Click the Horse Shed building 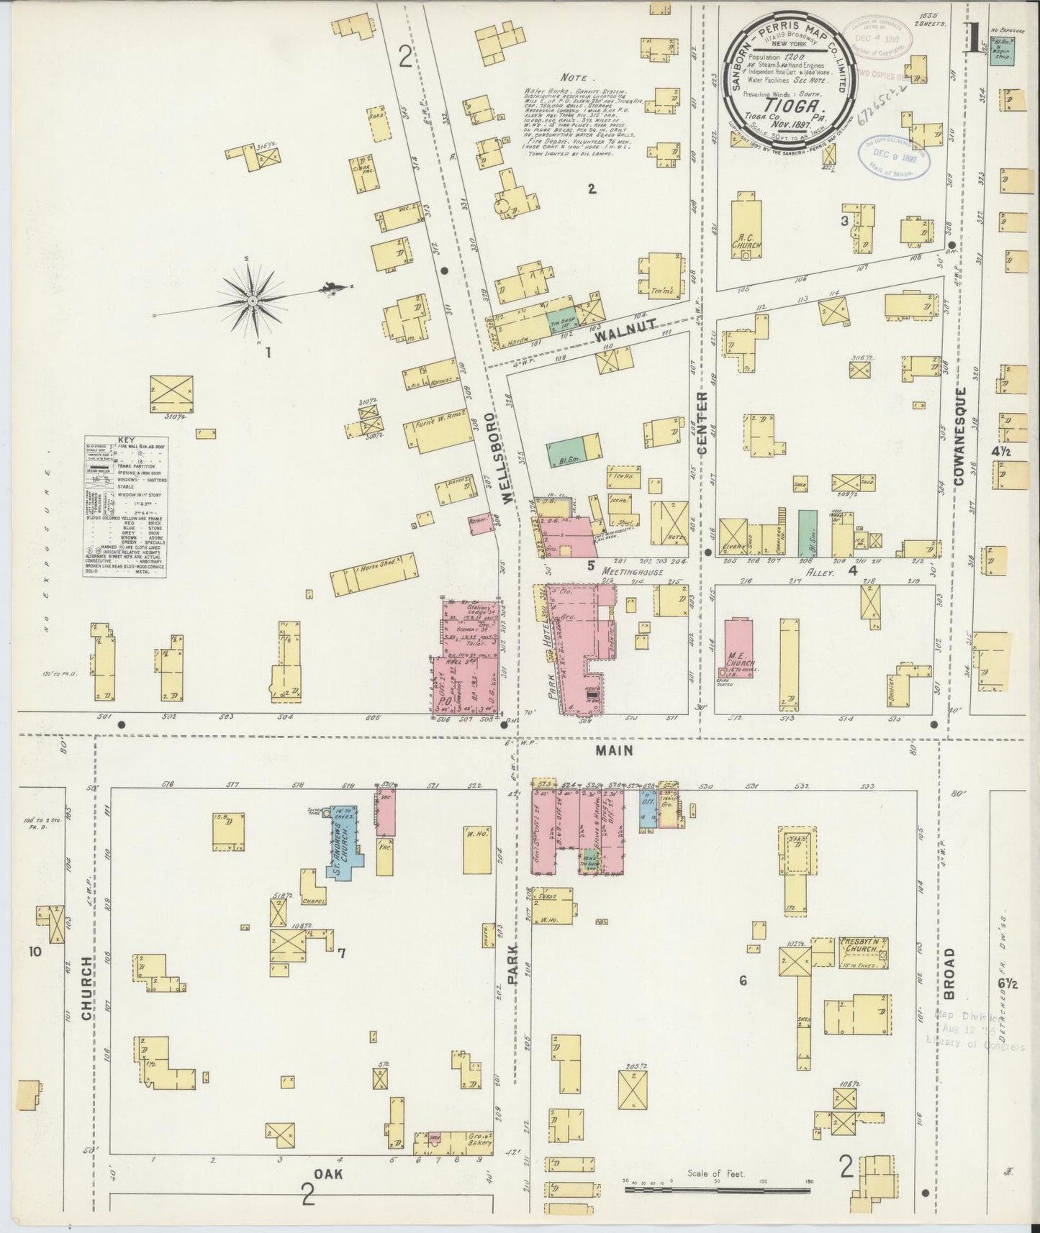pos(374,574)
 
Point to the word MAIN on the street pos(614,750)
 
